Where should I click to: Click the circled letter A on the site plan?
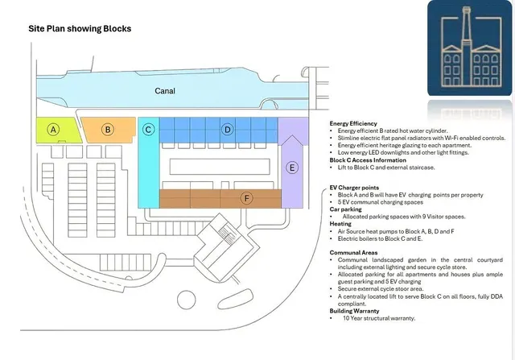click(x=53, y=130)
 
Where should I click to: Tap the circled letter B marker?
click(x=108, y=130)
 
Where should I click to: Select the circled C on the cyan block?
click(x=148, y=130)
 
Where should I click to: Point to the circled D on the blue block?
click(x=227, y=130)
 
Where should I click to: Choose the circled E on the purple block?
click(x=292, y=168)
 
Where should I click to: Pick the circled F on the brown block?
click(x=247, y=198)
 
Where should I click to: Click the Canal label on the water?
click(x=165, y=91)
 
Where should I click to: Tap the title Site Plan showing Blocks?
click(x=80, y=29)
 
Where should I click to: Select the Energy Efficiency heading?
click(x=353, y=123)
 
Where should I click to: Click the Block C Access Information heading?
click(x=368, y=160)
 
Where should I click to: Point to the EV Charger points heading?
click(x=354, y=188)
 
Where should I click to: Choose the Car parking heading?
click(x=345, y=209)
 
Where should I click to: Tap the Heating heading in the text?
click(x=340, y=224)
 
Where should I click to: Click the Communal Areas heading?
click(x=353, y=253)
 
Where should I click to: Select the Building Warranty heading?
click(x=354, y=311)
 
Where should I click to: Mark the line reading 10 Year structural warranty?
click(x=379, y=318)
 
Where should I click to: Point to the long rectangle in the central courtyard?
click(x=220, y=167)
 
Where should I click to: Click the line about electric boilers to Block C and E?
click(x=380, y=238)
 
